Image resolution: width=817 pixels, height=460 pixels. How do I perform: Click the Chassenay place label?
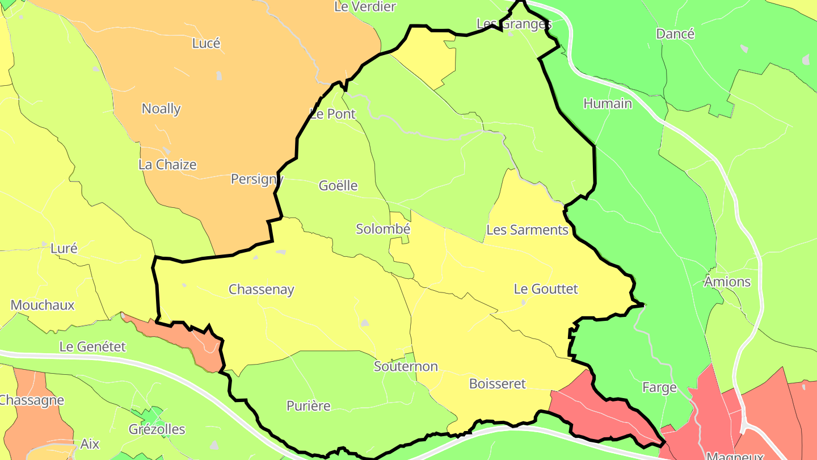click(261, 290)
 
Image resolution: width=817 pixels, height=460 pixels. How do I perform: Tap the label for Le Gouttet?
click(546, 289)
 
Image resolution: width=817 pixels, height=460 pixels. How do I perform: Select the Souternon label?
click(406, 366)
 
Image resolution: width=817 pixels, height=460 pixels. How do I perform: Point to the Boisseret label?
click(498, 384)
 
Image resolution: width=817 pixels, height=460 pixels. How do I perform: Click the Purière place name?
click(308, 406)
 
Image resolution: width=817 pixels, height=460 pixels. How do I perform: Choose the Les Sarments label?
click(527, 230)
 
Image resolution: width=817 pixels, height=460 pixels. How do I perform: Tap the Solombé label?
click(383, 229)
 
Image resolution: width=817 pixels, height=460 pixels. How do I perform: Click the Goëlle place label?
click(338, 186)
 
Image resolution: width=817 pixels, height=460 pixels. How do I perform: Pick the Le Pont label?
click(333, 114)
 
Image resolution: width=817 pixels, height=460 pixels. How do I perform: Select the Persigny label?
click(256, 179)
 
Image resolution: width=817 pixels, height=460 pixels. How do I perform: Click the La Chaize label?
click(167, 165)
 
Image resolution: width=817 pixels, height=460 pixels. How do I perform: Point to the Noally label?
click(161, 108)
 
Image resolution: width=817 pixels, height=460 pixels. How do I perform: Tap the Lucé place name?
click(206, 43)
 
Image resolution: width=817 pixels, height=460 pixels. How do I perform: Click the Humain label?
click(608, 104)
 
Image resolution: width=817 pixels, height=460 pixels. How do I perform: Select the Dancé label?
click(675, 34)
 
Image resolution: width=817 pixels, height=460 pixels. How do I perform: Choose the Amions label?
click(727, 282)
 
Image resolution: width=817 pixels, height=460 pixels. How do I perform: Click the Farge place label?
click(659, 388)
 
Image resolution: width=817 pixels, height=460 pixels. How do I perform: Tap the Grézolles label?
click(157, 429)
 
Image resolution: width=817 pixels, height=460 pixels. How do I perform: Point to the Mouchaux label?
click(43, 305)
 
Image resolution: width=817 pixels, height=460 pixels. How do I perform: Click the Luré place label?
click(64, 248)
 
